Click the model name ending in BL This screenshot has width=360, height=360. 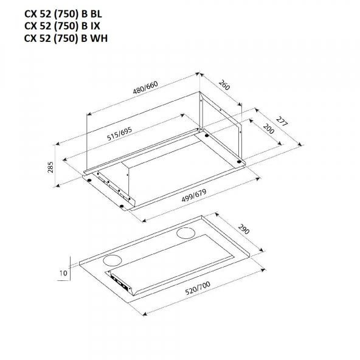[x=63, y=14]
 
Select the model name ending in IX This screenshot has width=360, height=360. [x=62, y=26]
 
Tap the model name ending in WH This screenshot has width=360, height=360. [x=66, y=38]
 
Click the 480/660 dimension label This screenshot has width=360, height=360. [x=145, y=88]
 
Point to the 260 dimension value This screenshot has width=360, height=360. [x=224, y=85]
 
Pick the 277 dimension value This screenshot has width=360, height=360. [x=282, y=122]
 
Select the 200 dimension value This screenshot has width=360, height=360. [x=269, y=129]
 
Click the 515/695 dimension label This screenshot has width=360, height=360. [x=120, y=134]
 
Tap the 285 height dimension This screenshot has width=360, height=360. [x=50, y=167]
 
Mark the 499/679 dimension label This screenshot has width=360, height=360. [x=194, y=195]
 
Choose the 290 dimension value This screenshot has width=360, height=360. [x=244, y=229]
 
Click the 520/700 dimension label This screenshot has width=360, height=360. [x=198, y=288]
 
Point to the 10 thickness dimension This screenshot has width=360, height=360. [x=63, y=273]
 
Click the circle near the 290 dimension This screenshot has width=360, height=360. [x=185, y=234]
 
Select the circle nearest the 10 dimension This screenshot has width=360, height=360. [x=112, y=261]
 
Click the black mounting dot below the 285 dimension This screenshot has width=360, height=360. [x=89, y=180]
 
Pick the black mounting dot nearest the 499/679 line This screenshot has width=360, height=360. [x=122, y=206]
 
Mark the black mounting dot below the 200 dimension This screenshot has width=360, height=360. [x=240, y=162]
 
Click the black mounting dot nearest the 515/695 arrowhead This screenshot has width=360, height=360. [x=207, y=136]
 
